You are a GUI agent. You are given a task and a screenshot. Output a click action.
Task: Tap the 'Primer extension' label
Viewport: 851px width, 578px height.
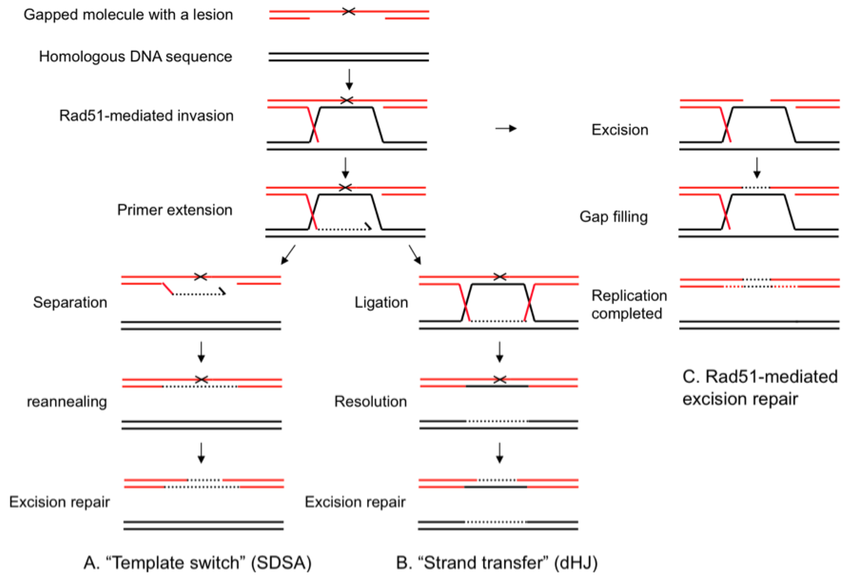(x=175, y=210)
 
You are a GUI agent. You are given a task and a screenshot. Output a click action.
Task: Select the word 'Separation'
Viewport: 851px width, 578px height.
(x=70, y=302)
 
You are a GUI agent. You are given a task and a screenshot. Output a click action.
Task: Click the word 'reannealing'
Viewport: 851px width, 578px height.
(x=67, y=402)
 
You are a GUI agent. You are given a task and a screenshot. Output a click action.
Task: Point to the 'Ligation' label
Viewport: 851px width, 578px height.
(x=381, y=302)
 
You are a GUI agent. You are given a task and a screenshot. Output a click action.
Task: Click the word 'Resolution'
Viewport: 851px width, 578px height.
(x=371, y=402)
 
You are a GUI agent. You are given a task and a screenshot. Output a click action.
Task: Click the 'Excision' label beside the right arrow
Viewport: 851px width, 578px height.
(x=620, y=130)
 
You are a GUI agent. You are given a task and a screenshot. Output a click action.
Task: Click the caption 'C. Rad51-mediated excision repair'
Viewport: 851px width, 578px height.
(x=760, y=388)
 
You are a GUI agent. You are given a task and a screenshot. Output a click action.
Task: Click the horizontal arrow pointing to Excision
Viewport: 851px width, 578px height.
(x=506, y=128)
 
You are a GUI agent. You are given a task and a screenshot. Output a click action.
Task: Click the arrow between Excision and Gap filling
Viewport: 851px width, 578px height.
(x=757, y=168)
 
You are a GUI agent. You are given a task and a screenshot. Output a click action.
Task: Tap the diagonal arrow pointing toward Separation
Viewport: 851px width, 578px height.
(x=288, y=255)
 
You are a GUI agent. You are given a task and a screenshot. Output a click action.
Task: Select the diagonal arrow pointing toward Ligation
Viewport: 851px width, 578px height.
(x=415, y=255)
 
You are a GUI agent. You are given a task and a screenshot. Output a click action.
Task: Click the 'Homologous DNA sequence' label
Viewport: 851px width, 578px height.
(x=135, y=57)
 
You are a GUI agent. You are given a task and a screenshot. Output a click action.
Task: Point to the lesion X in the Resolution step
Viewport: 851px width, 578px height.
(x=500, y=380)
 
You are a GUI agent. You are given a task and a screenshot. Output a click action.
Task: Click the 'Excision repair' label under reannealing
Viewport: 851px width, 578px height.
(x=59, y=502)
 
